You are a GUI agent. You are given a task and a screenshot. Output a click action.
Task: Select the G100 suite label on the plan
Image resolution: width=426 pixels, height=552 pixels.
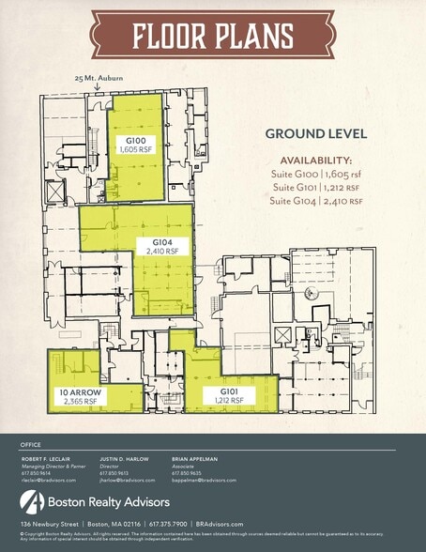coord(135,140)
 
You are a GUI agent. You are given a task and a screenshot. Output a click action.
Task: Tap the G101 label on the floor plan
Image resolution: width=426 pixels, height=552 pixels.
coord(228,391)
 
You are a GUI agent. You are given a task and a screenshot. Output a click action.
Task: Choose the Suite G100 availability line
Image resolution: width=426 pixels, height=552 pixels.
coord(308,174)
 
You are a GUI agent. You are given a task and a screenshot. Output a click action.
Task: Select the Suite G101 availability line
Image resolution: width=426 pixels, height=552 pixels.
coord(308,187)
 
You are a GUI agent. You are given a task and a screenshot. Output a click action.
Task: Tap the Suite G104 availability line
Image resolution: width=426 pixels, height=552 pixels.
coord(308,200)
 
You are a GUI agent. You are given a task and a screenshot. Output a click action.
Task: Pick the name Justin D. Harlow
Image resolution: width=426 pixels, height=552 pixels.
coord(123,459)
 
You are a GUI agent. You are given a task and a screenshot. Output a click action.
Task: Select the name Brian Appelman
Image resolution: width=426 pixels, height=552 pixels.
coord(195,459)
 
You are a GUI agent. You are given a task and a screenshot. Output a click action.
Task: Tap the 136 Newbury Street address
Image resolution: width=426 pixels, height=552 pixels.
coord(51,524)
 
